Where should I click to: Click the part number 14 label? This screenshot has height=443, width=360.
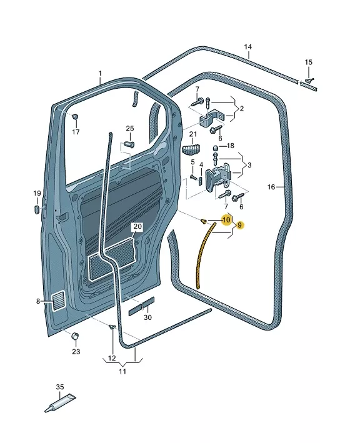coord(248,47)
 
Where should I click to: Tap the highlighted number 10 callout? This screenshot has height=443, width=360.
coord(227,219)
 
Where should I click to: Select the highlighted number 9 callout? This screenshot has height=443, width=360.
coord(239,225)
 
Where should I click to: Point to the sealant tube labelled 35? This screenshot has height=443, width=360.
coord(60,402)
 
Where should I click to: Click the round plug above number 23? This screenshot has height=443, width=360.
coord(75,336)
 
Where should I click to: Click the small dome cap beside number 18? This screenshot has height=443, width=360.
coord(216,148)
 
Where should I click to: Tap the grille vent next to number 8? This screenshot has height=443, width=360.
coord(59,301)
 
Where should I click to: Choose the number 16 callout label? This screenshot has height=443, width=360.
coord(271,187)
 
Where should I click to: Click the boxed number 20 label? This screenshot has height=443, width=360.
coord(137,226)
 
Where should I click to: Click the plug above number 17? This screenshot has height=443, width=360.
coord(75,116)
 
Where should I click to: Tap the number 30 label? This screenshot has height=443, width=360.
coord(147,317)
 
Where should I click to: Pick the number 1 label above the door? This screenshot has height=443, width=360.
coord(100,74)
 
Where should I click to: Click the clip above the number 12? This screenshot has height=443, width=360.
coord(112,327)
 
